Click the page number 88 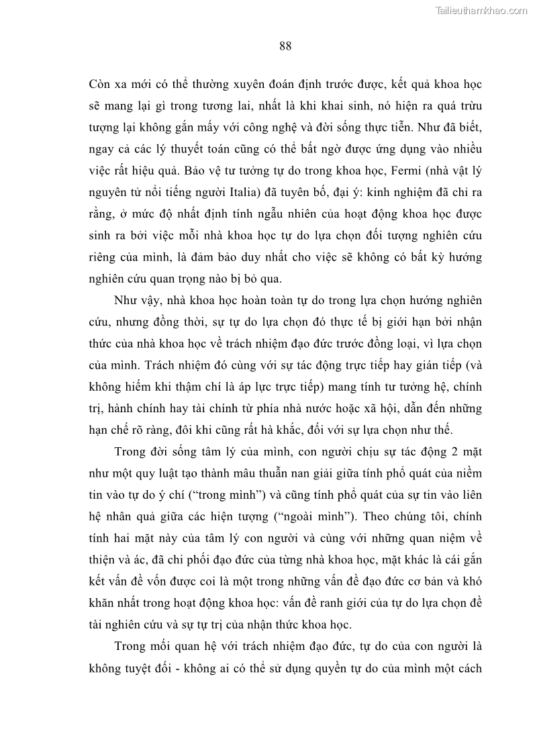[285, 46]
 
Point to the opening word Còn [101, 85]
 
